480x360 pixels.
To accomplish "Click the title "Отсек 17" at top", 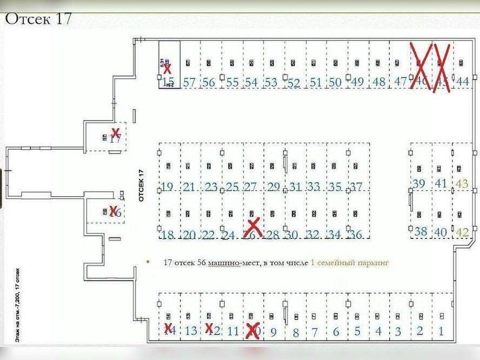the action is [x=38, y=19].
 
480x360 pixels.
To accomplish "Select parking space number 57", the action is [x=189, y=83].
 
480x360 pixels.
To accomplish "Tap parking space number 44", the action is [x=463, y=82].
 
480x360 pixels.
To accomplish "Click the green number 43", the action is [x=463, y=184].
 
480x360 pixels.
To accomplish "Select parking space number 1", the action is [x=441, y=331].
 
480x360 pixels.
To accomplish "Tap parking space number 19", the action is [x=167, y=188].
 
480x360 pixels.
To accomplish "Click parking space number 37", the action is [x=356, y=188].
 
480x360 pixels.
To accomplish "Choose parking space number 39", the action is [x=419, y=184].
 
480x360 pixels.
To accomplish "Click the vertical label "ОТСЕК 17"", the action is [x=142, y=185].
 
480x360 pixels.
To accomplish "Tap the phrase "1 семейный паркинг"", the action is [x=350, y=263].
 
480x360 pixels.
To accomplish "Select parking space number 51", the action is [x=316, y=83].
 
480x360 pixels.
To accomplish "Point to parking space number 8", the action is [x=296, y=332].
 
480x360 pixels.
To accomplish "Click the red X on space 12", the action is [x=209, y=328].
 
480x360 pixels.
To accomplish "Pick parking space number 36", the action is [x=356, y=235].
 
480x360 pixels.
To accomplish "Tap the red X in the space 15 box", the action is [x=168, y=69].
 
